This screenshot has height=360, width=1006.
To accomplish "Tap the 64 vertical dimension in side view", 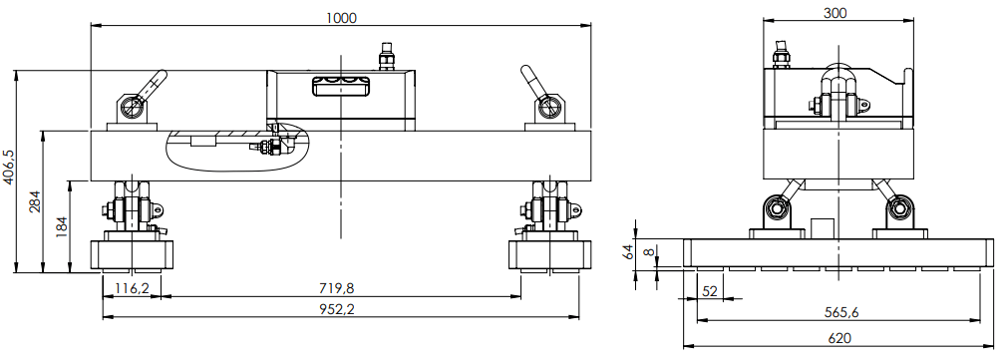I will tap(629, 252).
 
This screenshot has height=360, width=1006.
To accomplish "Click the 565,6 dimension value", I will tap(838, 312).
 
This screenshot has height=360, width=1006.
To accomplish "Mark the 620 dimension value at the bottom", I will tap(838, 338).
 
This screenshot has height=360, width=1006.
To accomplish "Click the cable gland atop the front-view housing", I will tap(387, 56).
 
